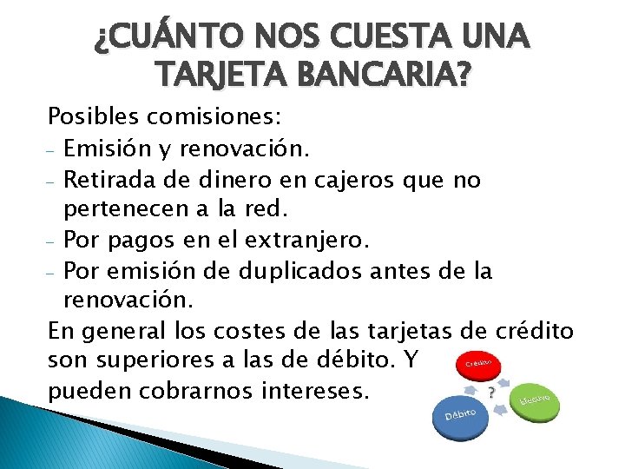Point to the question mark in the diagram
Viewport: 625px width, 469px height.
pos(492,393)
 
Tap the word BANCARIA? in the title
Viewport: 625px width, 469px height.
pos(386,77)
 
